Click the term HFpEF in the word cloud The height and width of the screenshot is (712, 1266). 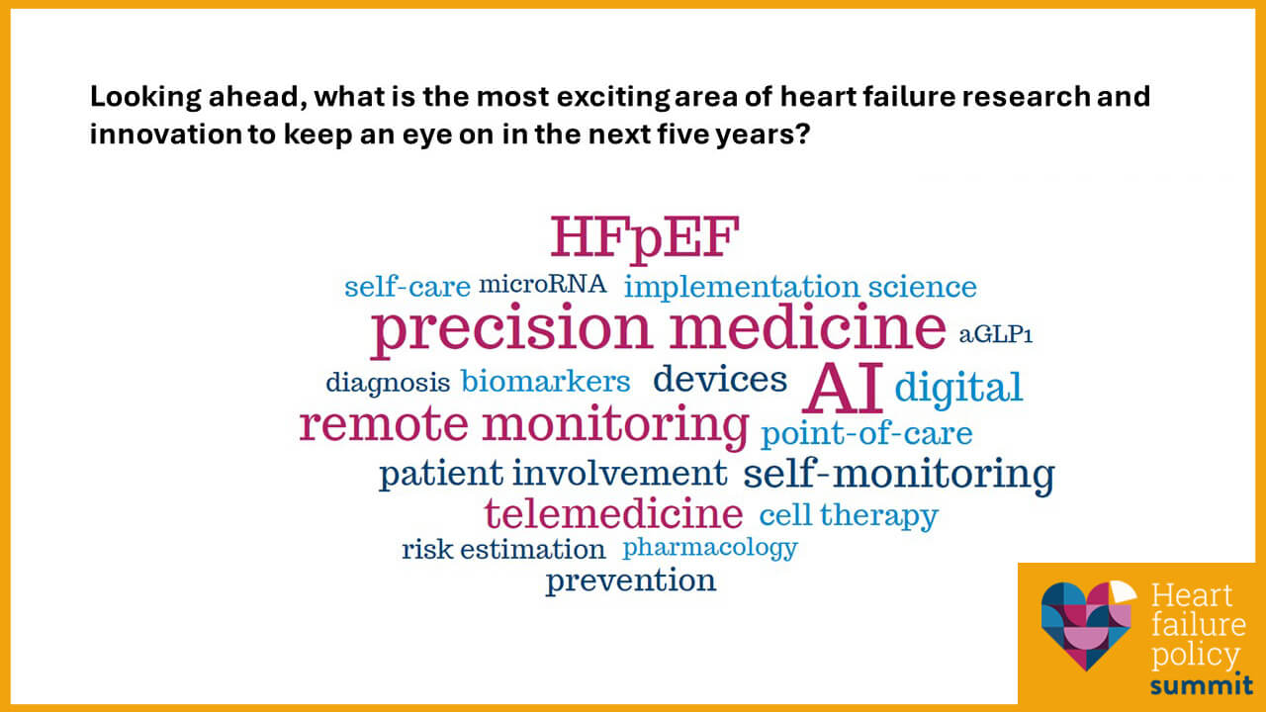644,238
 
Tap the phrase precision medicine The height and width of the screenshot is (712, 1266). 658,329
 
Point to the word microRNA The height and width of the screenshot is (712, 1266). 542,285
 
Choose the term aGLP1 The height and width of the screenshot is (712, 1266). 995,335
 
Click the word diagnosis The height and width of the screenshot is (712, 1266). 388,382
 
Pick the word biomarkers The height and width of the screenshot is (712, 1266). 545,381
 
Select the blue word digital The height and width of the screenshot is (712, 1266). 957,387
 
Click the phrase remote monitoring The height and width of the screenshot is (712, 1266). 524,424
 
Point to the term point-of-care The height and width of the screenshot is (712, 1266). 866,433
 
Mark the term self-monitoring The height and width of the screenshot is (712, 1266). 898,474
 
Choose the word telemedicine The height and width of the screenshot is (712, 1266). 613,513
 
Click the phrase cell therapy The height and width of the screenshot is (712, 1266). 848,514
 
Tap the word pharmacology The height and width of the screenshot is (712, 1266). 709,547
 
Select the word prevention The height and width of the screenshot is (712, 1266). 630,579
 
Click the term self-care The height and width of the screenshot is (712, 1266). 407,287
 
